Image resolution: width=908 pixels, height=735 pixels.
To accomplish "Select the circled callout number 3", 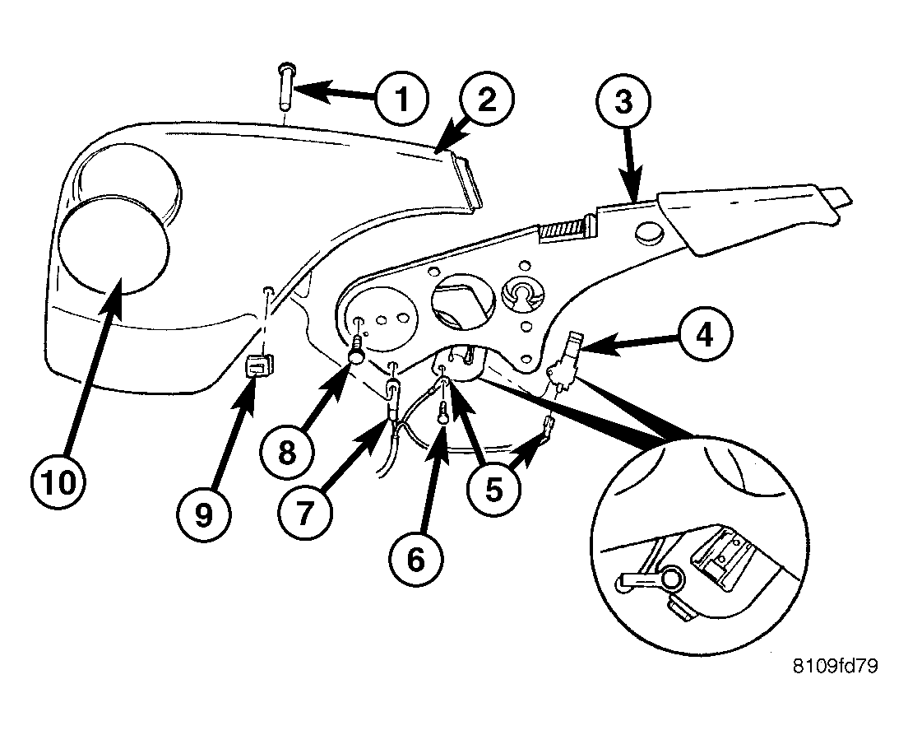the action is point(623,102).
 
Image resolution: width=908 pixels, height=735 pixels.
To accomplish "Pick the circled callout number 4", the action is point(705,334).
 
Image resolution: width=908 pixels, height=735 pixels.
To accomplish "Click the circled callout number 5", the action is point(493,488).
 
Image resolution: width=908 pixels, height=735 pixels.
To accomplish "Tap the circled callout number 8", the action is point(287,452).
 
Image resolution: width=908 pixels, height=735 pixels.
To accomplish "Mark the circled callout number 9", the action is point(203,514).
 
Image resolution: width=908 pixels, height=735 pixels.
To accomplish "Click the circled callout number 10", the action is point(58,482).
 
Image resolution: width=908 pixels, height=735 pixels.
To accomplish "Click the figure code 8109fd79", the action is point(835,666).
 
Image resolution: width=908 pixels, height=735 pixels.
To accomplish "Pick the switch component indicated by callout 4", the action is point(567,360).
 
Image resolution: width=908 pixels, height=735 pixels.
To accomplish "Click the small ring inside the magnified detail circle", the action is point(671,577).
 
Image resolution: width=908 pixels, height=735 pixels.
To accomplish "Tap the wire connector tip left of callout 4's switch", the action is point(547,426).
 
